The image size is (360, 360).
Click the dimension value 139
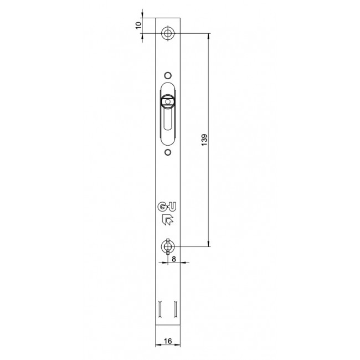[x=204, y=140]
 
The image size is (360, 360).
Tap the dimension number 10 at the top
[x=138, y=25]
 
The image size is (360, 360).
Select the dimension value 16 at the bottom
[x=168, y=341]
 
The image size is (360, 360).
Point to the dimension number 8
[x=174, y=259]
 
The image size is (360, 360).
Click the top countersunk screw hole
[x=168, y=33]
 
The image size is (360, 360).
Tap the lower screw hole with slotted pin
[x=168, y=246]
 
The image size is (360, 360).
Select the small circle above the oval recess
[x=168, y=75]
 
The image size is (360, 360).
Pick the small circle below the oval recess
[x=168, y=152]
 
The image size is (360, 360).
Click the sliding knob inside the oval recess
[x=168, y=101]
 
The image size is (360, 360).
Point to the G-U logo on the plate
[x=167, y=207]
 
